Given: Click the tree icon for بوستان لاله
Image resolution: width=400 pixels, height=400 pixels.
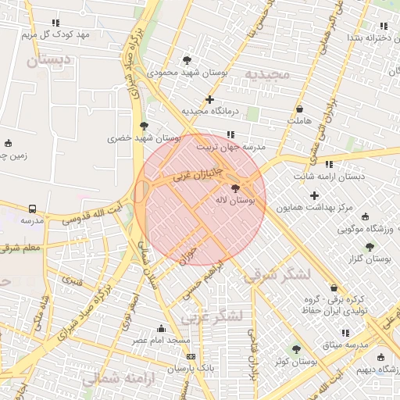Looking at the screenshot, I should point(236,188).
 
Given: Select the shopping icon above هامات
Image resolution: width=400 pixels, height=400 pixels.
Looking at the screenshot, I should point(300,109).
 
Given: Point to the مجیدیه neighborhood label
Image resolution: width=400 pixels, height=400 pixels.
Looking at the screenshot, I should point(267,74).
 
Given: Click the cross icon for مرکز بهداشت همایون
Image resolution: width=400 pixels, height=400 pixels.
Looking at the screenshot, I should point(314,195).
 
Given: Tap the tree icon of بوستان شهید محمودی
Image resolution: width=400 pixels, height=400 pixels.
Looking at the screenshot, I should point(186,59).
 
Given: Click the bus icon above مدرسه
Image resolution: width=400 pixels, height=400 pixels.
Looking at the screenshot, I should point(32,209).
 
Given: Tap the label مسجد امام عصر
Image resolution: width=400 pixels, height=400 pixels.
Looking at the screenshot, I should point(161,341).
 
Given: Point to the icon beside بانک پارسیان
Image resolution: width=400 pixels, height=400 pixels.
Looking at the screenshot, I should point(191,356).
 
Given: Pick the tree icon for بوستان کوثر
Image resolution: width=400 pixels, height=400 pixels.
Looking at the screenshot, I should point(295,349).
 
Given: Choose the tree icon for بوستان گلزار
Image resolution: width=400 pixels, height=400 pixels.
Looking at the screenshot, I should point(370,247).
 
